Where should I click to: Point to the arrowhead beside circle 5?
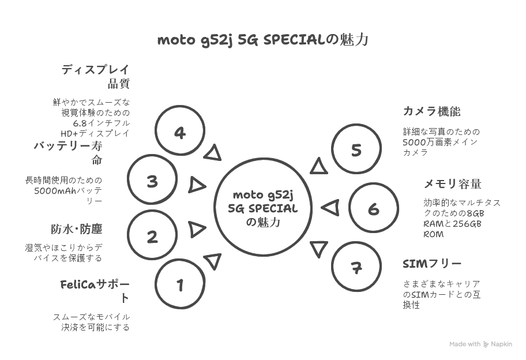tap(318, 166)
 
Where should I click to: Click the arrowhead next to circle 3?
tap(197, 185)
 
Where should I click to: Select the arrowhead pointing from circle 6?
tap(330, 208)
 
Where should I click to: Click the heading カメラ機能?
tap(432, 111)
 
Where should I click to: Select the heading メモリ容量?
tap(453, 184)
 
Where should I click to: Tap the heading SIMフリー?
tap(432, 264)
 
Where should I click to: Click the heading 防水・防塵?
tap(77, 229)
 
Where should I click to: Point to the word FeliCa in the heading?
tap(78, 284)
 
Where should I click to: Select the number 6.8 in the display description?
tap(80, 123)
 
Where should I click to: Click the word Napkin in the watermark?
tap(502, 344)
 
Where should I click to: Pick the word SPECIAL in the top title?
tap(295, 40)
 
